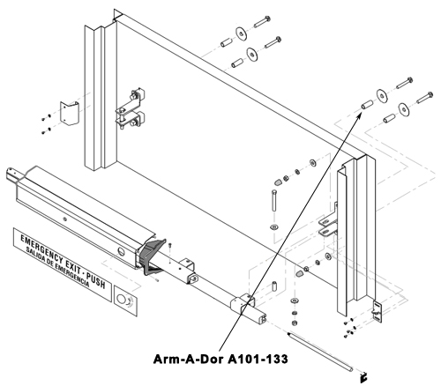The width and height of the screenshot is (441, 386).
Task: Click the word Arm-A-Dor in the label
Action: coord(189,359)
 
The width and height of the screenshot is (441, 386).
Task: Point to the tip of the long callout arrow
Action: coord(361,114)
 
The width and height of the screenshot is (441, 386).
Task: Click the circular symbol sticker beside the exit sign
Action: coord(125,301)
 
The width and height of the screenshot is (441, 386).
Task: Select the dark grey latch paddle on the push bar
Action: coord(153,256)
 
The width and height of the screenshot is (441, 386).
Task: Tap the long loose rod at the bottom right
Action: coord(319,352)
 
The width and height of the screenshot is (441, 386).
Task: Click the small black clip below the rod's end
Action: coord(363,378)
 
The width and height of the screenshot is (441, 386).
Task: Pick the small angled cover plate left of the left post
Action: coord(70,114)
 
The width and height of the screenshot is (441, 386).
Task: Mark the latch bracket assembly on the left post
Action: coord(131,108)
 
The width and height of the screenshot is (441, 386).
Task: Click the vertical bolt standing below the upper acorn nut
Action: coord(274,201)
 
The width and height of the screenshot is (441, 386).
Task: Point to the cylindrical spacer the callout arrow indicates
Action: coord(367,104)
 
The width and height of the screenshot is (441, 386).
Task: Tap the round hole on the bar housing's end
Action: coord(121,252)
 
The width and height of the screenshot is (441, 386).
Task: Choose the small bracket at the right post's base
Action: coord(377,311)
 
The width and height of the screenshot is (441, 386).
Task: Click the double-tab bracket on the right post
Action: coord(328,225)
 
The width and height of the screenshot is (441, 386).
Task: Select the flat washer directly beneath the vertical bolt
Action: coord(274,226)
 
